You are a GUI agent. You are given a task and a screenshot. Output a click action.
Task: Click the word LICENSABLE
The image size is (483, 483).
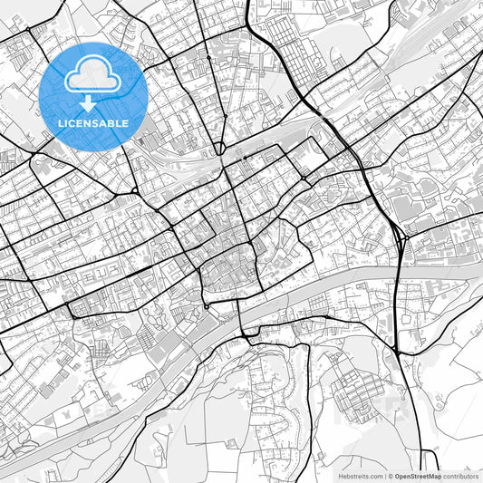click(x=93, y=122)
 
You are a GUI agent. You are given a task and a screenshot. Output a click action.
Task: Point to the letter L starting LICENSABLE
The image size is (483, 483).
click(x=61, y=122)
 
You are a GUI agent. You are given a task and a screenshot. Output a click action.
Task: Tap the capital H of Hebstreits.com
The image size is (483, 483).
click(x=329, y=475)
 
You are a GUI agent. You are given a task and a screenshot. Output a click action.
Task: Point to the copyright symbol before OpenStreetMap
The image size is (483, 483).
click(x=390, y=475)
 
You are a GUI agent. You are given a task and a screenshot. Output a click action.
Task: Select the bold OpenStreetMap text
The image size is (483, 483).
click(x=417, y=475)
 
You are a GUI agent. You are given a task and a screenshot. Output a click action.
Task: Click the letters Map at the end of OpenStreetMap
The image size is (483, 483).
click(x=434, y=475)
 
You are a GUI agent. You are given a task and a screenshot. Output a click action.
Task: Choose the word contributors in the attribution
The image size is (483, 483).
click(x=461, y=475)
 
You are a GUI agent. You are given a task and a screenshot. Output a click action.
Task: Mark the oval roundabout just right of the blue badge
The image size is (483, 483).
click(x=219, y=146)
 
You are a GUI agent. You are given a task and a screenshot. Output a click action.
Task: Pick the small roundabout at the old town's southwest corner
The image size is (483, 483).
click(x=207, y=306)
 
